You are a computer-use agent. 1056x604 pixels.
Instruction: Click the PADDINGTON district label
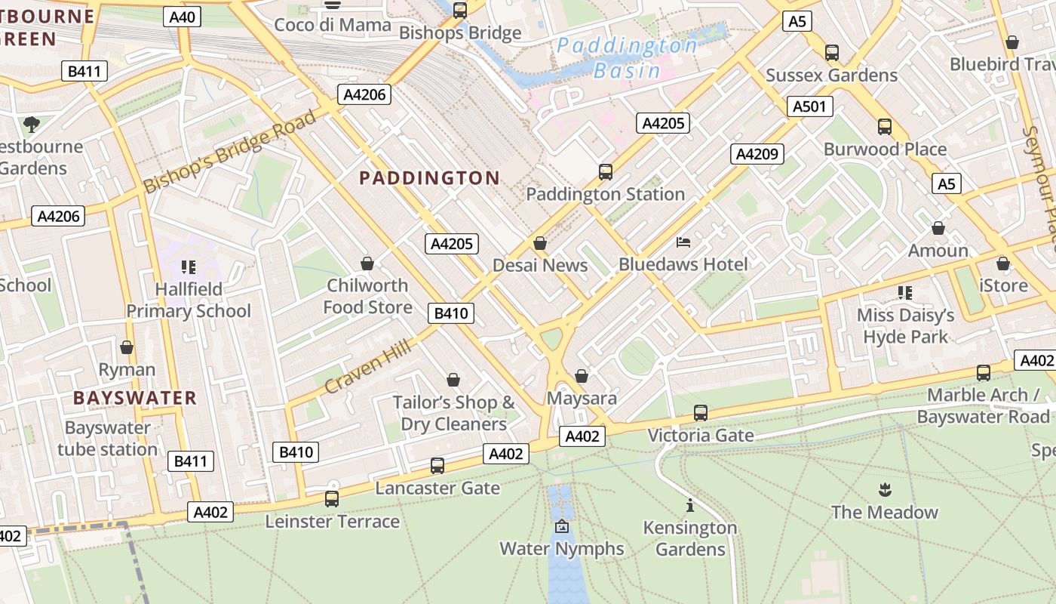coord(429,178)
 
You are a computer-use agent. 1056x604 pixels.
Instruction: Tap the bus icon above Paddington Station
coord(605,171)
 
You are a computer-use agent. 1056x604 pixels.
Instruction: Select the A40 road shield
coord(183,17)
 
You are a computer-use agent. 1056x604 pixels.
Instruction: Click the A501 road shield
coord(809,106)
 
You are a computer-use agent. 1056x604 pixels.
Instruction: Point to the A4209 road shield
coord(757,154)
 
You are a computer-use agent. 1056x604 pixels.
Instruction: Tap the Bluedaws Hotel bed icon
coord(683,242)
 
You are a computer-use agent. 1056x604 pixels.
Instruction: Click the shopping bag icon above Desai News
coord(540,243)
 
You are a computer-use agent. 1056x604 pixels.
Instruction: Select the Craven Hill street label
coord(368,367)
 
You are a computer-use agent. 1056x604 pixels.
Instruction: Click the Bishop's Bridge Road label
coord(229,151)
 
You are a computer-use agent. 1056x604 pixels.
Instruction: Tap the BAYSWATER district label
coord(135,398)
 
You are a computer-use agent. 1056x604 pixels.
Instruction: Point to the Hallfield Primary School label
coord(188,300)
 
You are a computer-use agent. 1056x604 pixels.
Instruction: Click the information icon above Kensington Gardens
coord(689,505)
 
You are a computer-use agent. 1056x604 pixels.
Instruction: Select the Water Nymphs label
coord(562,548)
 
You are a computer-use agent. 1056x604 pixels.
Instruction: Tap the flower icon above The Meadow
coord(885,489)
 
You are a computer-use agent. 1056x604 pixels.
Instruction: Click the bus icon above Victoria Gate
coord(701,413)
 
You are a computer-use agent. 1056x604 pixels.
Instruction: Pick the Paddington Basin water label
coord(628,58)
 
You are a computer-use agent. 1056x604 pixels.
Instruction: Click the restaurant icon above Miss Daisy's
coord(905,292)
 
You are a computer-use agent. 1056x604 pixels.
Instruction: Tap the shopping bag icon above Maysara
coord(582,375)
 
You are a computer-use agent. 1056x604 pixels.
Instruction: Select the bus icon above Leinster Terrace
coord(332,498)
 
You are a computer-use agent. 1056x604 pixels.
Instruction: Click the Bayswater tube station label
coord(107,439)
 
